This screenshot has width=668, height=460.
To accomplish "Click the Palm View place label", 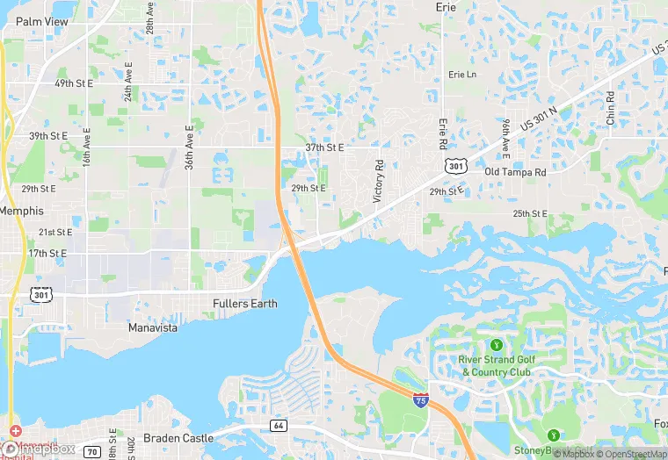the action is [x=41, y=21].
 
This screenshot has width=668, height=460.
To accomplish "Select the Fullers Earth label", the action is [x=245, y=304].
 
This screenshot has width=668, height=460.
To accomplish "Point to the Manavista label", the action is [x=152, y=327].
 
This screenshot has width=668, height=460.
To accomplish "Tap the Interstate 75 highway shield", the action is [x=421, y=399].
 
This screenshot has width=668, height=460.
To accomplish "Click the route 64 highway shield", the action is [x=279, y=425].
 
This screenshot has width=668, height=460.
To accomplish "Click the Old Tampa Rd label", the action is [x=515, y=172].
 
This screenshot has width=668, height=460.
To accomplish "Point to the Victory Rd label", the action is [x=379, y=182].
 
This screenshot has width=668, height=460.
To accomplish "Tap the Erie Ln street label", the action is [x=461, y=75].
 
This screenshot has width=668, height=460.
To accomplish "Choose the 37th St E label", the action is [x=325, y=147].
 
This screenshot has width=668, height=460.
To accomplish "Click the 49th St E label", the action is [x=74, y=83].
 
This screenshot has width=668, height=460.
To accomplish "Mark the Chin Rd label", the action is [x=610, y=106].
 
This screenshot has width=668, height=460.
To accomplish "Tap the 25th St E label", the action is [x=531, y=213].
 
